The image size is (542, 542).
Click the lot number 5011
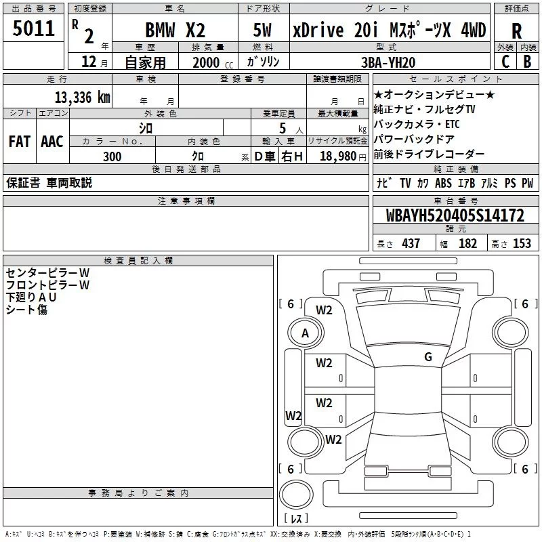tap(33, 30)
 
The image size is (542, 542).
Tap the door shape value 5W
tap(263, 30)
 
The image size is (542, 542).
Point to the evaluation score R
tap(517, 32)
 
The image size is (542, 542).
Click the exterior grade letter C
tap(505, 61)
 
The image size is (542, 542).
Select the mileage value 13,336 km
tap(82, 97)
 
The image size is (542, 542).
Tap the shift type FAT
tap(19, 141)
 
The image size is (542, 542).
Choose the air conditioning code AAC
tap(52, 141)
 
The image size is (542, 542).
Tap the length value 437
tap(411, 243)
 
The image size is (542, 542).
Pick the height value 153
tap(522, 243)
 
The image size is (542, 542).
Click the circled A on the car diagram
tap(305, 333)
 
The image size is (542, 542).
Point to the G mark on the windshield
tap(428, 357)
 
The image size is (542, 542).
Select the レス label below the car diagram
tap(296, 518)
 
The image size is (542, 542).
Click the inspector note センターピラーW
tap(47, 273)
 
